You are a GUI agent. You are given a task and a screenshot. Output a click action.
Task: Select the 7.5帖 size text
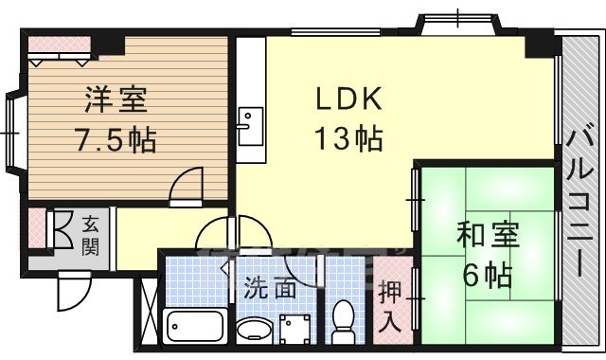click(x=116, y=141)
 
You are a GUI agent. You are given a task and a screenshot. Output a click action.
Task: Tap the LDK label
click(x=348, y=98)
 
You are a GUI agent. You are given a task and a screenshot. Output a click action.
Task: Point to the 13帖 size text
click(x=348, y=140)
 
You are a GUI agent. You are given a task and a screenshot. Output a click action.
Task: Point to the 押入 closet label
click(x=389, y=302)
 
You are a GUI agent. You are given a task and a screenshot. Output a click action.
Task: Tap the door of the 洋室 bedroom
click(x=187, y=185)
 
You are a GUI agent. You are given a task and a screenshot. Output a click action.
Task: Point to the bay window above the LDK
click(x=455, y=21)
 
